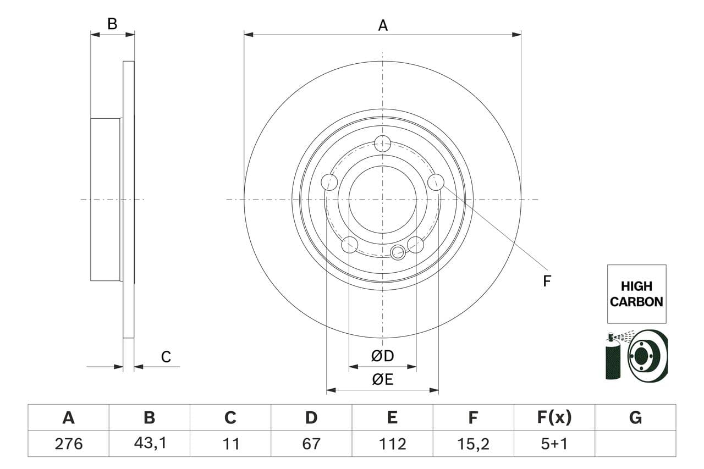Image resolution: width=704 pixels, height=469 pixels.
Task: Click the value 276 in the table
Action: coord(68,443)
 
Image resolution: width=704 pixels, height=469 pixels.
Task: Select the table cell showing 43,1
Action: coord(149,443)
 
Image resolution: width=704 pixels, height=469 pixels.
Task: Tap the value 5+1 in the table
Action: coord(554,443)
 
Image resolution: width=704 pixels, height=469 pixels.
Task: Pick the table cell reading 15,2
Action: coord(473,443)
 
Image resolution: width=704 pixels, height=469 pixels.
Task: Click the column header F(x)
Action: coord(554,418)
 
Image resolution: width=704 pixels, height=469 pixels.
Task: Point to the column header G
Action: coord(635,418)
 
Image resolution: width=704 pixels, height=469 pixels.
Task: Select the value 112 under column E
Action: coord(392,443)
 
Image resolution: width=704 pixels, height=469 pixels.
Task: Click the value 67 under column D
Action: coord(311,443)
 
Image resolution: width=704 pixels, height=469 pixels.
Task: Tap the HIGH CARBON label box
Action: coord(636,294)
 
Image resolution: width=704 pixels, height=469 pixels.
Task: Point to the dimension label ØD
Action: coord(383,356)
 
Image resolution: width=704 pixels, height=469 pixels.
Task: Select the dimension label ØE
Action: coord(383,379)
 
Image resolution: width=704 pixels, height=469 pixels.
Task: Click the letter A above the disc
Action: coord(383,25)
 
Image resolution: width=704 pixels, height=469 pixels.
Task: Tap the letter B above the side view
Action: coord(112,24)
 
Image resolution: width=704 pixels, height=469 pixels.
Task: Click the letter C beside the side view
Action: coord(166,357)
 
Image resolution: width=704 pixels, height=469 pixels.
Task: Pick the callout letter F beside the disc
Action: coord(547,281)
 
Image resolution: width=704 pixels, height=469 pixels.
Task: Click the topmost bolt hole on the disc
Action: coord(382,144)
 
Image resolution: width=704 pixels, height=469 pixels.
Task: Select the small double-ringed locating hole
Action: coord(398,252)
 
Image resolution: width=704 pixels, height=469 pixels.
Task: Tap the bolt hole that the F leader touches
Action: coord(436,181)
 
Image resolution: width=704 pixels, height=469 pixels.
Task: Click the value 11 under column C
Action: coord(230,443)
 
